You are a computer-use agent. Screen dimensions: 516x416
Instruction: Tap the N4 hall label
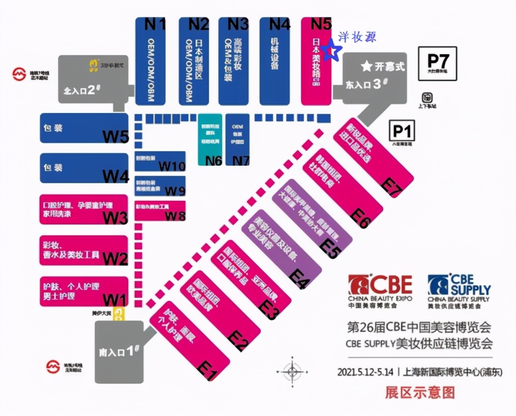280,24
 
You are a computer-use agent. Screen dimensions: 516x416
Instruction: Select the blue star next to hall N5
332,50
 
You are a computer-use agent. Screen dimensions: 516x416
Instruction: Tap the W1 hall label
115,299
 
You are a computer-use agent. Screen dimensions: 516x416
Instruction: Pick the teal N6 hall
210,139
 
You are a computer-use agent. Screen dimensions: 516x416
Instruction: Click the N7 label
241,161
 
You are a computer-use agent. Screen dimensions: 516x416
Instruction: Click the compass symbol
292,370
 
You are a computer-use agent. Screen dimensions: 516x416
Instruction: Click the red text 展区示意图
420,392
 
